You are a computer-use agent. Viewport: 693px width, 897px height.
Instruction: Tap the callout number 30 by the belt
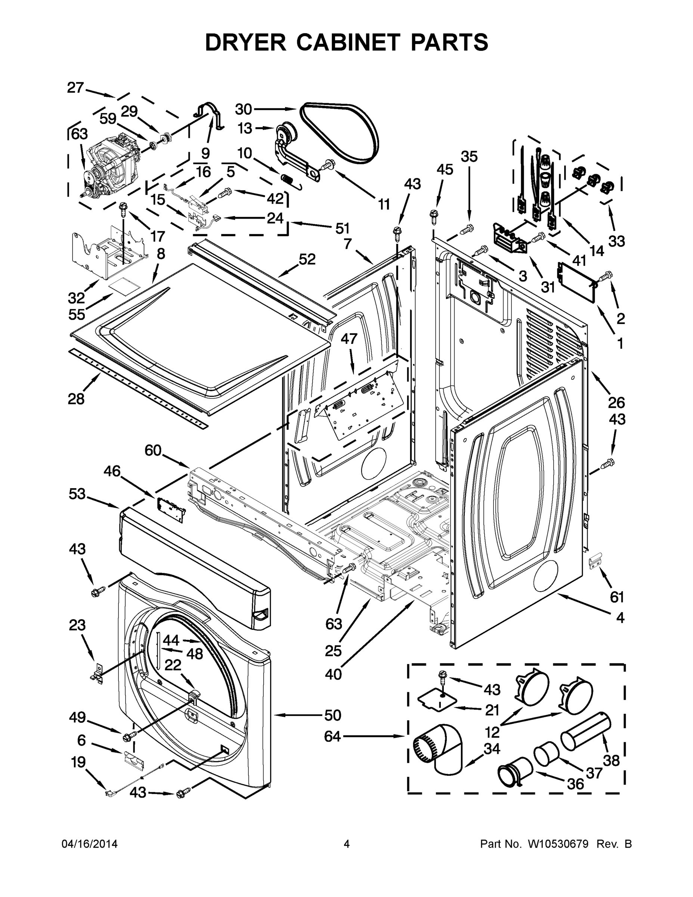[x=243, y=109]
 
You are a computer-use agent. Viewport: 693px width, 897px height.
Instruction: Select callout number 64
[x=332, y=736]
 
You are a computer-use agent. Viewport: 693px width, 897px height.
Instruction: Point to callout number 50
[x=332, y=715]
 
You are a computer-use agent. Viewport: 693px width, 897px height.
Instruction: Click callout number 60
[x=153, y=450]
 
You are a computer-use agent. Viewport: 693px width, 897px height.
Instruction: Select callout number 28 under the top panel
[x=76, y=398]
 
